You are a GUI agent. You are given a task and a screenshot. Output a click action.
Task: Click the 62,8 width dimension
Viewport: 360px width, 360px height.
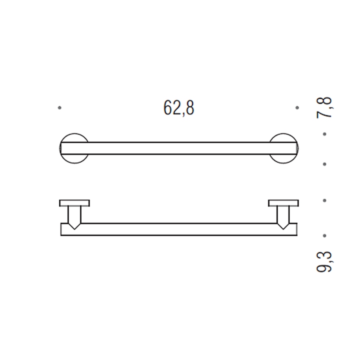[x=178, y=108]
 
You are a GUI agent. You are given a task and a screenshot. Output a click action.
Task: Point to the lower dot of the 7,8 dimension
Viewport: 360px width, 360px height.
[x=324, y=163]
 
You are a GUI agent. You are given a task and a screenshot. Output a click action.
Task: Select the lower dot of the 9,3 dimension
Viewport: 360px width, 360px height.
[x=324, y=235]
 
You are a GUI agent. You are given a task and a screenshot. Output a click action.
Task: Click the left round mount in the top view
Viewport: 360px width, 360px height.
[x=74, y=148]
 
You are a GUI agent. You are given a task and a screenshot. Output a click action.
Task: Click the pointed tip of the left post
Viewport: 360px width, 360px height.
[x=75, y=227]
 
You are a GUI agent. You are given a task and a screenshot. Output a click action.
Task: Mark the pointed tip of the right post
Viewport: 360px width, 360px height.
[x=283, y=227]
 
